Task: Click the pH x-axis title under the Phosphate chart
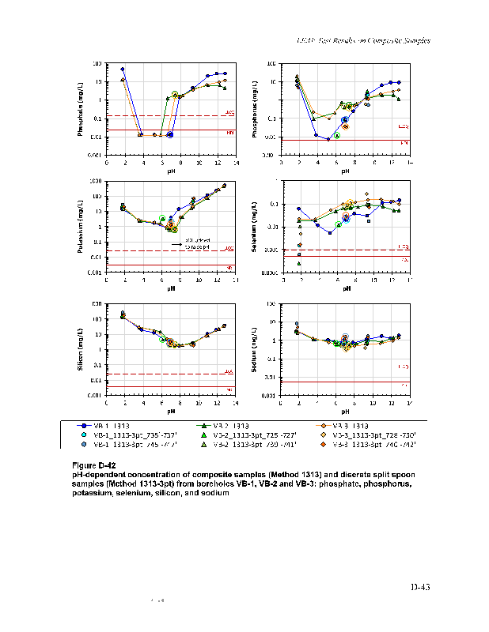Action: click(171, 171)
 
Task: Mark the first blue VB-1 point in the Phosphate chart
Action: click(123, 70)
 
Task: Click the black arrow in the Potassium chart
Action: click(177, 246)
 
